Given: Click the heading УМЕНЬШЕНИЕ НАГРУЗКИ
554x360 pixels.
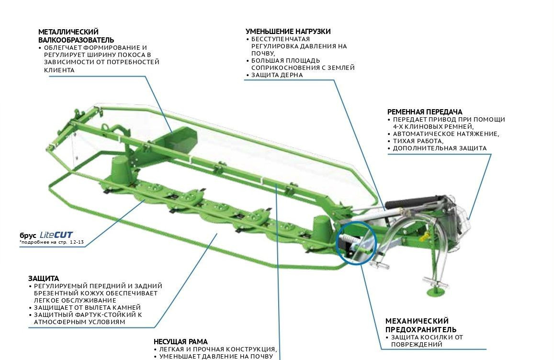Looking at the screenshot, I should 288,32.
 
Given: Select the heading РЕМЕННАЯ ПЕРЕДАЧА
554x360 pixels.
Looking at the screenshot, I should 425,112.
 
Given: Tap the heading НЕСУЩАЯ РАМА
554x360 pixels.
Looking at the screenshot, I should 181,342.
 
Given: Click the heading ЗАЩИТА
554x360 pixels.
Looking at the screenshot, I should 44,278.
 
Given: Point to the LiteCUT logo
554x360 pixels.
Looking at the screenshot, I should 56,235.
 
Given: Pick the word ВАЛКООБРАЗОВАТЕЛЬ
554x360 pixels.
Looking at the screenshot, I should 76,40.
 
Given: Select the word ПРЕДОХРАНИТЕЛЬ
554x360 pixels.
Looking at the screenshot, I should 421,329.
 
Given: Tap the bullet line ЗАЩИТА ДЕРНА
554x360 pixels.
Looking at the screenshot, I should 277,75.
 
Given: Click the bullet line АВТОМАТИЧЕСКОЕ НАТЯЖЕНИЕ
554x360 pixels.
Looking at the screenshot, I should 446,134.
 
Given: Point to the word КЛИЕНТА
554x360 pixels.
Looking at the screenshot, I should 59,70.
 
